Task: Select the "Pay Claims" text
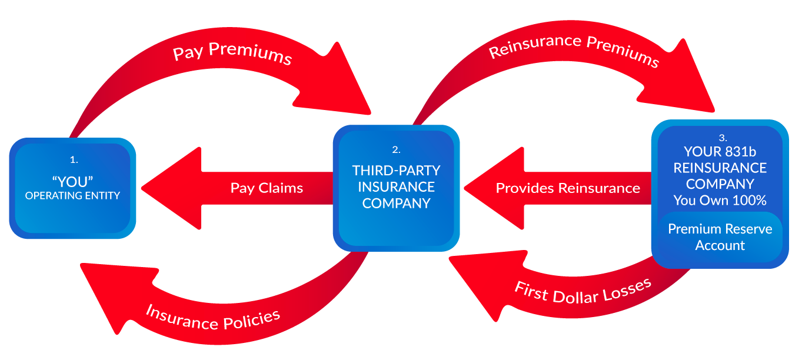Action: [x=267, y=188]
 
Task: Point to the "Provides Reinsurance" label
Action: [x=568, y=188]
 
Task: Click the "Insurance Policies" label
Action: [x=213, y=318]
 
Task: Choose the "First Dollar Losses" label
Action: [x=583, y=291]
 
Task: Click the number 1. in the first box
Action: [x=74, y=159]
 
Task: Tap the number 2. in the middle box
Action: [x=396, y=149]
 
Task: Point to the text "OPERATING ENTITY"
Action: [x=72, y=196]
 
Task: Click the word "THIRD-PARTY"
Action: [x=396, y=171]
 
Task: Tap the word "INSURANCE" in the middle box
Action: [x=396, y=187]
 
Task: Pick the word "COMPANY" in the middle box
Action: [x=396, y=204]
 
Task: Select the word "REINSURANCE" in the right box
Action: [x=720, y=168]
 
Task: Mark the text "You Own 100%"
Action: [x=720, y=201]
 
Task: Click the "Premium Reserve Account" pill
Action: [x=720, y=237]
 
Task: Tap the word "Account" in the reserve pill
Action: [x=720, y=246]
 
